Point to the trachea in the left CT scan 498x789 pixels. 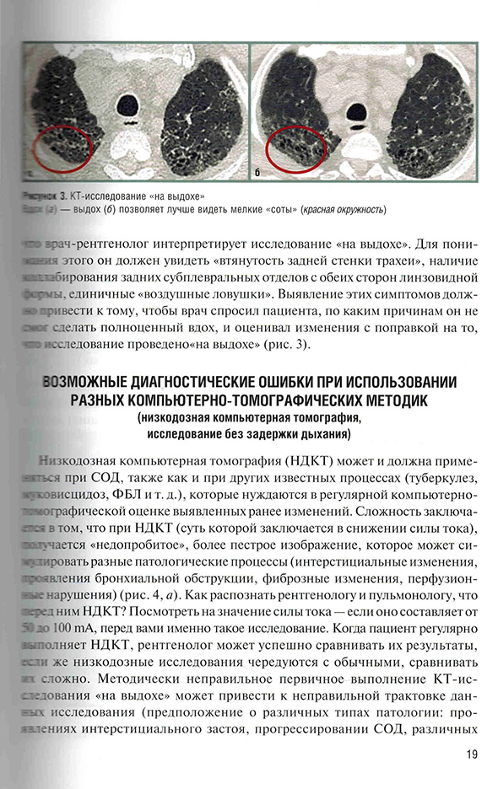[128, 104]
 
